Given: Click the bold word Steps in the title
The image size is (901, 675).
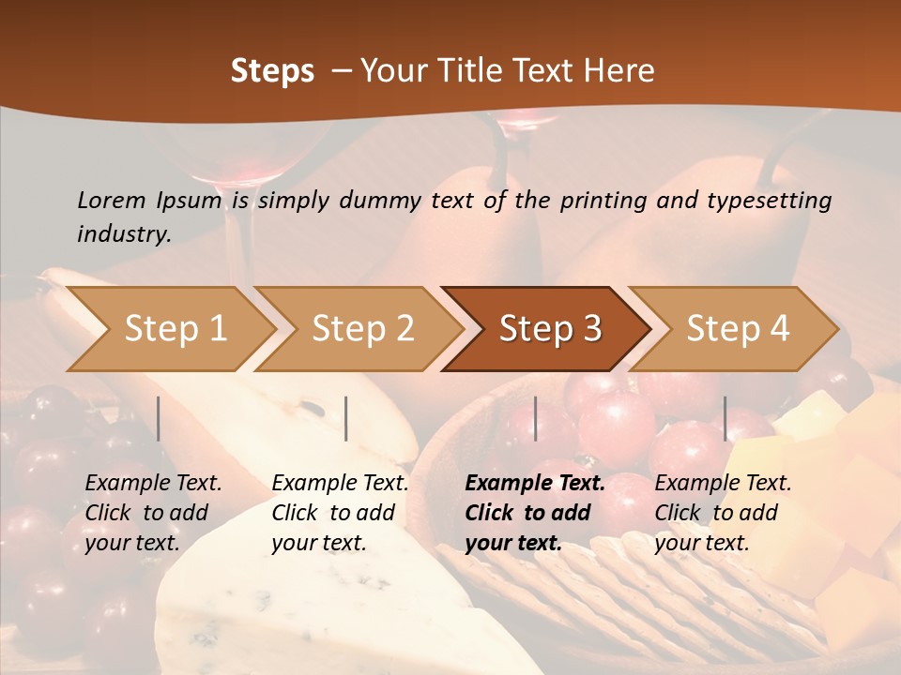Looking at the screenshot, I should point(272,71).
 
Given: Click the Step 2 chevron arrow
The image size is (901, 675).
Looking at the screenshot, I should point(362,329).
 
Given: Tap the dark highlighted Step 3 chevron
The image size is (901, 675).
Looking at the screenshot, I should point(550,329).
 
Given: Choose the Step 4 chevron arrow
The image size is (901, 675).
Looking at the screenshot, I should point(738,329).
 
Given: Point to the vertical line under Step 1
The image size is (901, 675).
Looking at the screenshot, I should point(159,418).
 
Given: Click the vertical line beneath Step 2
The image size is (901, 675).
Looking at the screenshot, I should point(346,418).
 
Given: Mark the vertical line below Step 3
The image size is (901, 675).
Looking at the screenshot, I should point(535,418).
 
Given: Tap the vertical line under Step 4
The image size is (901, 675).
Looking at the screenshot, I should point(725,418).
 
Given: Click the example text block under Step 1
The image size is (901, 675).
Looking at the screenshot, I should point(153,513).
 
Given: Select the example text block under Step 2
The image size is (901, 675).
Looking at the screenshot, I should point(340,513).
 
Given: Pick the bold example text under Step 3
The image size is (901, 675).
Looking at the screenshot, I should point(534,513).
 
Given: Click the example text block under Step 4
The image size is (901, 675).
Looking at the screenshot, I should point(723,513).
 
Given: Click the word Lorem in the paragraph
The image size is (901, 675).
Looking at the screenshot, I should point(112,200).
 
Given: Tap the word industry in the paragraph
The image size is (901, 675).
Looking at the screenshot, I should point(124,234).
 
